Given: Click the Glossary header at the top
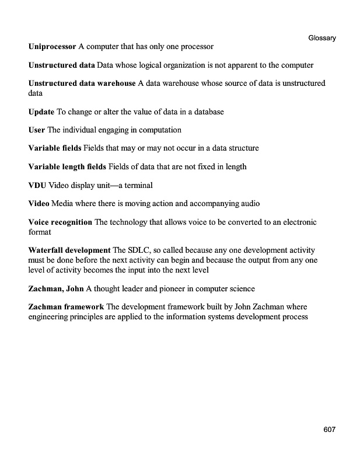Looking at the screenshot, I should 321,38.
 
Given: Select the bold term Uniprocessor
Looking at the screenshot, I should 52,46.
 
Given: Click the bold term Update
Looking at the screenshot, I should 41,111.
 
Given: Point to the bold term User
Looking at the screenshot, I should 37,130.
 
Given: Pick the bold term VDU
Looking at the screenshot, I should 37,185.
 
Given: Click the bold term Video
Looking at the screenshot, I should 39,204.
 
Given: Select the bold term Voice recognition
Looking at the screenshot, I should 60,222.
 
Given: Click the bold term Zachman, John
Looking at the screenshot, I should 56,288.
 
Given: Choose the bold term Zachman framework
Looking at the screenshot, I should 66,307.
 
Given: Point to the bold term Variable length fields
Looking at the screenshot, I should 67,167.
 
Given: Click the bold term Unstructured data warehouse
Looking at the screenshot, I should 82,83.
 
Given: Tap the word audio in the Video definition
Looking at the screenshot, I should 249,204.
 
